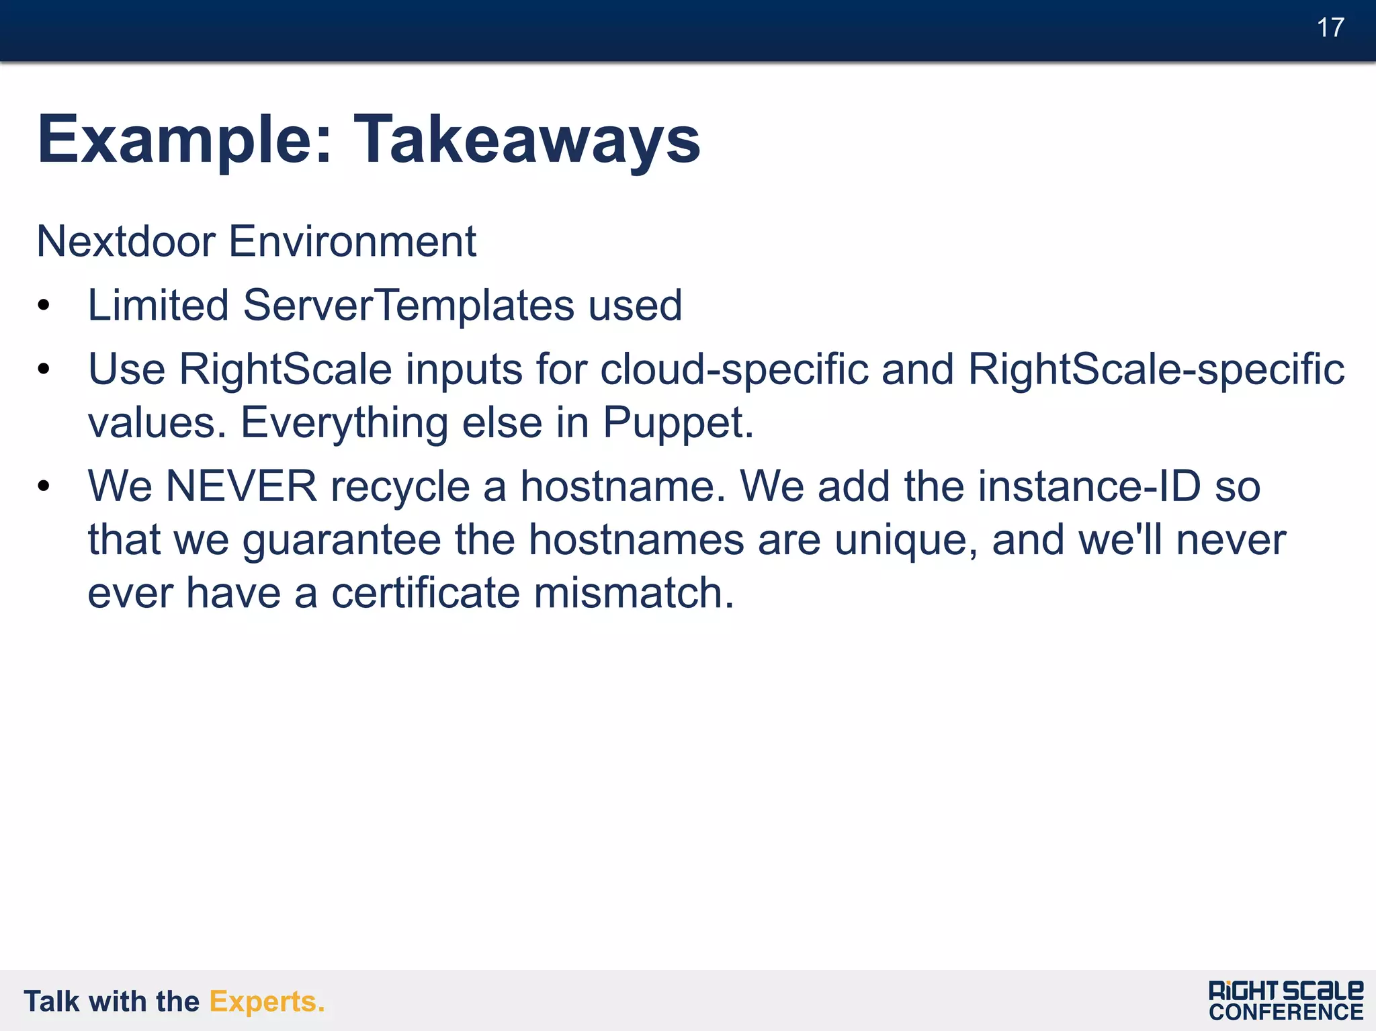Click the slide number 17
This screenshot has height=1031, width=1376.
pos(1330,28)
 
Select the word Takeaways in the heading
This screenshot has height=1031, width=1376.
pos(527,140)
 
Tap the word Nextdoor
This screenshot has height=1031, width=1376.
pos(126,241)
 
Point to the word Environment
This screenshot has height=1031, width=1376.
pos(352,241)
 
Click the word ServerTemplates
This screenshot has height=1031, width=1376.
pos(408,306)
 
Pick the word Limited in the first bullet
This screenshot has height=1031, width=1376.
pos(159,306)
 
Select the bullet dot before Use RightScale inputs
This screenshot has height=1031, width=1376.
pos(44,370)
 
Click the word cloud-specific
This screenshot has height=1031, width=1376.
pos(734,370)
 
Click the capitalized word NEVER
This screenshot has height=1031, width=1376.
pos(241,486)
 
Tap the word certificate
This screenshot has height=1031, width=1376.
pos(426,594)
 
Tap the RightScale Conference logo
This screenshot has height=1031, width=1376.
pos(1286,1001)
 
